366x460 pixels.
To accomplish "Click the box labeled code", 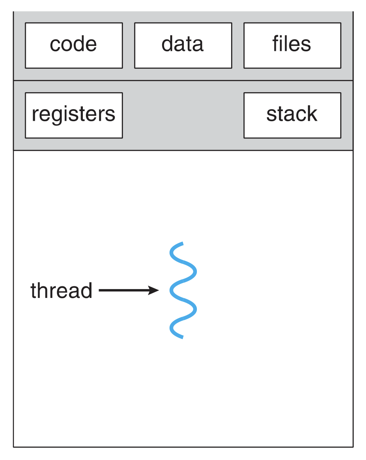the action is click(x=74, y=46).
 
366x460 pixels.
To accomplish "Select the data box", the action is click(x=183, y=46).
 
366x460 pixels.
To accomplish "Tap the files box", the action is click(x=292, y=46).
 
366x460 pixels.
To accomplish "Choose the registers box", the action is click(x=74, y=115).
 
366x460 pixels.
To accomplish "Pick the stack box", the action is click(x=292, y=115).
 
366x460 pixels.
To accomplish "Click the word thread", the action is click(x=62, y=291).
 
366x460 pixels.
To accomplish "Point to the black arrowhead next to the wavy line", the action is click(x=153, y=291).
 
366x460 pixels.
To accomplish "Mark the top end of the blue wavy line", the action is click(x=183, y=243).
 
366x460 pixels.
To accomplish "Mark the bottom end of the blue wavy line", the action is click(x=183, y=337).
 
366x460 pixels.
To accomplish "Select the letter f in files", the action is click(x=276, y=44).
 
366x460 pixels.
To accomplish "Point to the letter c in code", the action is click(x=55, y=46).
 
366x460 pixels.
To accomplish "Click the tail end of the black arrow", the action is click(x=99, y=291).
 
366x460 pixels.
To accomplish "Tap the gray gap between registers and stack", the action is click(x=183, y=115).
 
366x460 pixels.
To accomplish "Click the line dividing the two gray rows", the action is click(x=183, y=80).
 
